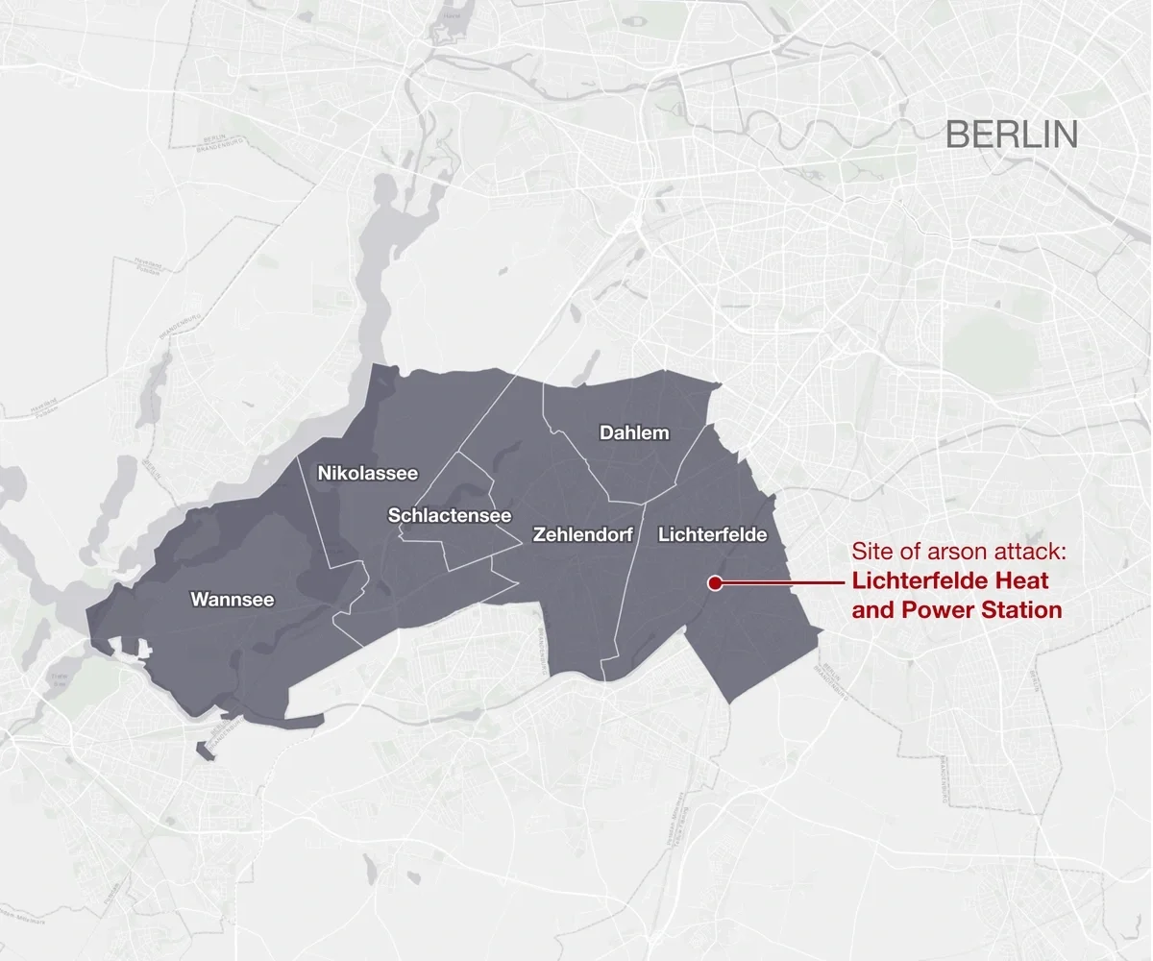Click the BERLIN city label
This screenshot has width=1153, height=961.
click(1011, 135)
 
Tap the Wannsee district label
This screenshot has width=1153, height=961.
click(232, 600)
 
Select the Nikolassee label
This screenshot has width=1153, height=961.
click(368, 473)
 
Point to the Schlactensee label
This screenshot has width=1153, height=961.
click(449, 516)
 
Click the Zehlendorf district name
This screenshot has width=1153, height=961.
click(582, 535)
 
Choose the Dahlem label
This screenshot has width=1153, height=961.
click(634, 432)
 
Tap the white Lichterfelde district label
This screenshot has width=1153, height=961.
click(712, 535)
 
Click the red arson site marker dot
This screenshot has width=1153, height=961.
click(715, 582)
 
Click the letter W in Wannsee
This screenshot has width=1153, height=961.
click(199, 600)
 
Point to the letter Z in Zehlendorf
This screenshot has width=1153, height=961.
click(539, 535)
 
